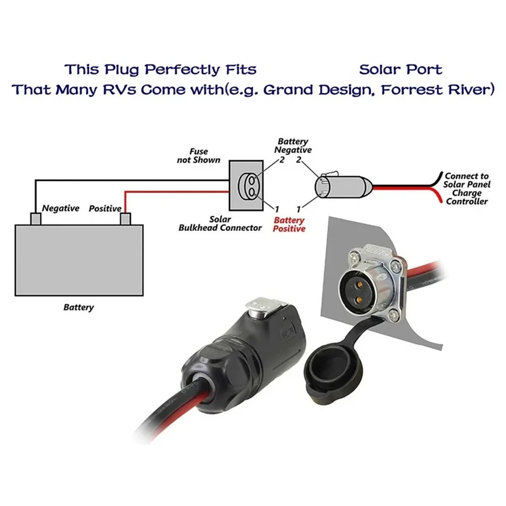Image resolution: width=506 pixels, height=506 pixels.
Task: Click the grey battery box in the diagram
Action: [x=79, y=259]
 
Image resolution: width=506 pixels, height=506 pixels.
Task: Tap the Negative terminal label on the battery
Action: [x=60, y=208]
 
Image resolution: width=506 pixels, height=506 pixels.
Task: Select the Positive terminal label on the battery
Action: [x=105, y=208]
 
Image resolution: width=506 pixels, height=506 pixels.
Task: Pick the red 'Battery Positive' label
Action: [x=289, y=224]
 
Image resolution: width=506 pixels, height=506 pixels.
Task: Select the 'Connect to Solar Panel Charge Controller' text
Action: [x=467, y=188]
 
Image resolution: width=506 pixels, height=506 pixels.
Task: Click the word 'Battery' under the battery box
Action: [x=78, y=307]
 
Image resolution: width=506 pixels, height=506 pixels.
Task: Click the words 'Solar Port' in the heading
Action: [x=400, y=69]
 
